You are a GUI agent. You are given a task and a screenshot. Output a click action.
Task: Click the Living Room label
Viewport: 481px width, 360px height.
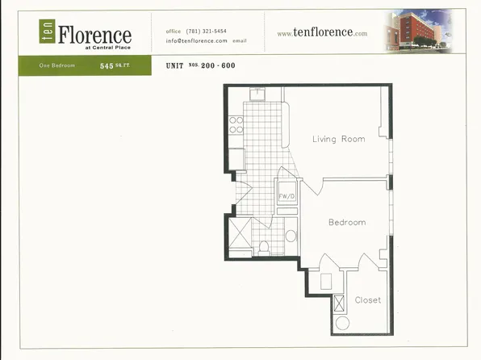point(338,139)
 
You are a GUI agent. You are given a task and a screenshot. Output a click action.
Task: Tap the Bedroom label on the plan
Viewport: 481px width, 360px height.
point(346,222)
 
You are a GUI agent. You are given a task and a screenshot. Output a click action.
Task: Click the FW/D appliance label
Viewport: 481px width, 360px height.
point(287,196)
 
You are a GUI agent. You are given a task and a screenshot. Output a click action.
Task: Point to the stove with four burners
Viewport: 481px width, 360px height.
point(236,124)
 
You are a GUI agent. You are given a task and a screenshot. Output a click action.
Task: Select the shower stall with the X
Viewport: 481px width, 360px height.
point(241,234)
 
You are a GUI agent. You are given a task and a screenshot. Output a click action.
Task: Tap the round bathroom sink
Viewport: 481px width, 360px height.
point(291,237)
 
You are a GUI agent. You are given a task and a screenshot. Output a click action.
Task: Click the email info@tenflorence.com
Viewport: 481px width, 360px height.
point(197,40)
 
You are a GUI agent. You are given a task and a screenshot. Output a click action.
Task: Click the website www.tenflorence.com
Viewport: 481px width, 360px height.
point(322,33)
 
